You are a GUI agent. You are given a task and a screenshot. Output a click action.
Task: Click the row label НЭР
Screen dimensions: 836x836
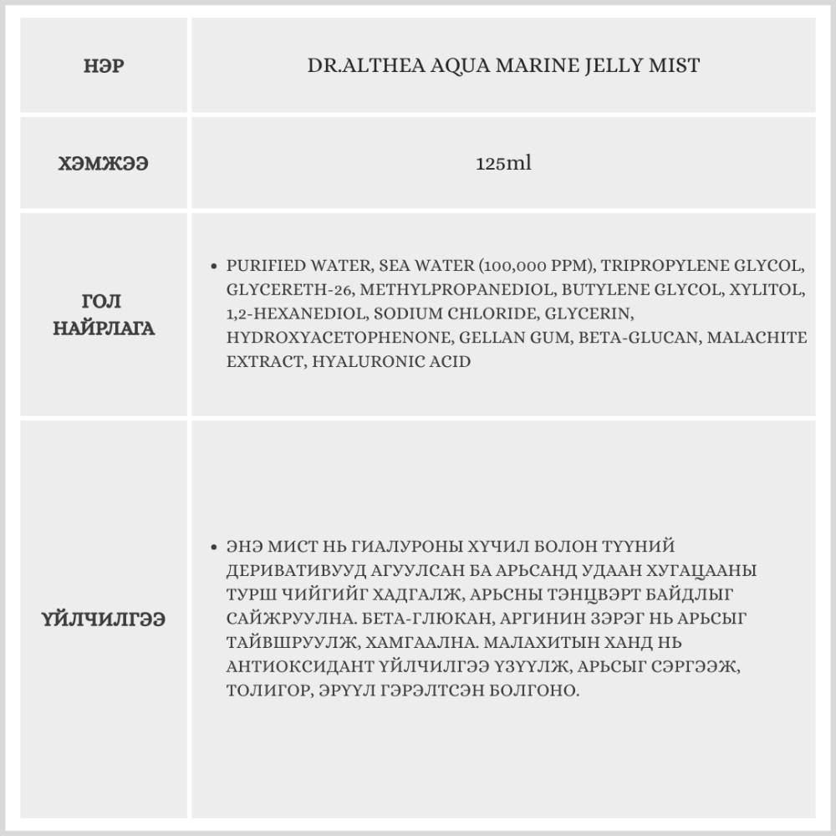(104, 66)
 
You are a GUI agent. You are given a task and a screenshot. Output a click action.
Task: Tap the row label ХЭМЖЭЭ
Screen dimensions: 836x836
(104, 164)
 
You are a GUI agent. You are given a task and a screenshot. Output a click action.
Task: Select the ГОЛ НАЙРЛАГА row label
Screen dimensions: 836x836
(104, 314)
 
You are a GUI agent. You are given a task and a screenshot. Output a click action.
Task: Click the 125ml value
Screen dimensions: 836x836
(503, 164)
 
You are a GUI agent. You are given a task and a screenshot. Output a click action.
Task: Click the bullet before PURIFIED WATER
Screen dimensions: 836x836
(214, 267)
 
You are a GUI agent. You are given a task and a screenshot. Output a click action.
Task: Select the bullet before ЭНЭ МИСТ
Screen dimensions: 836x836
(214, 548)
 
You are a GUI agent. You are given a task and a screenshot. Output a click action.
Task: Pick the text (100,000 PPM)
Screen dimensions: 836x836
(524, 267)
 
